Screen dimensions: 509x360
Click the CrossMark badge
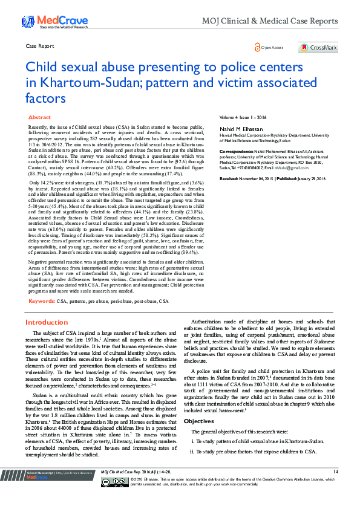pos(318,47)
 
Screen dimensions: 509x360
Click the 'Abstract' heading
pos(40,117)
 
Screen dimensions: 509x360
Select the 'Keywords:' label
pos(42,300)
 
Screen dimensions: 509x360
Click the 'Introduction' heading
pos(47,323)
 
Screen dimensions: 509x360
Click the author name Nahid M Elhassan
pos(243,129)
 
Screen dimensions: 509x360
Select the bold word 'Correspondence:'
pos(236,150)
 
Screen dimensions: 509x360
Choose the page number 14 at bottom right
pos(335,488)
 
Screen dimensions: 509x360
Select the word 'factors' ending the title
pos(46,98)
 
